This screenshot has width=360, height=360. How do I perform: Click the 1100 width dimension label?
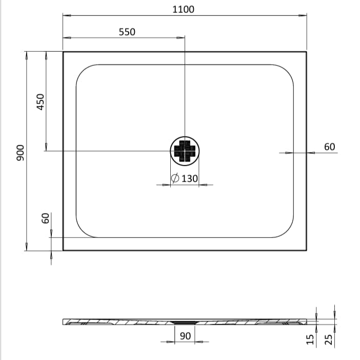(x=184, y=9)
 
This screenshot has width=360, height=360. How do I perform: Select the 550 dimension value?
(x=127, y=32)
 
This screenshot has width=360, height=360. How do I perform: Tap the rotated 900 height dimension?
(x=20, y=152)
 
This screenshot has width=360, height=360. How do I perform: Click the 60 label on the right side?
(x=329, y=147)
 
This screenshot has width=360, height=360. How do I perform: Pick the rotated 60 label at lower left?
(x=45, y=218)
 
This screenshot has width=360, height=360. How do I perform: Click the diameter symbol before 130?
(x=174, y=178)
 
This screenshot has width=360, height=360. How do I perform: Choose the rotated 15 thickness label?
(x=310, y=339)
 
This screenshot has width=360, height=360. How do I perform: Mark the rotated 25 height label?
(x=329, y=339)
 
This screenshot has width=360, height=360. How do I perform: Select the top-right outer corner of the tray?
(x=307, y=52)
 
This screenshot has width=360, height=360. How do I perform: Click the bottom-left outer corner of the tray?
(x=63, y=250)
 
